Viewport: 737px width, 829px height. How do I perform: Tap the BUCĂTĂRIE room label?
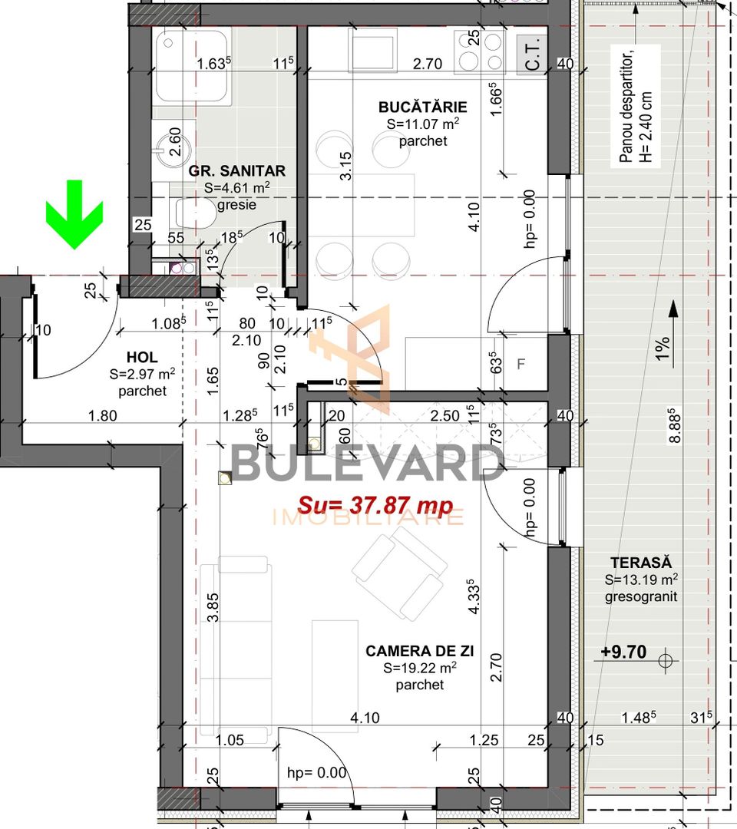422,107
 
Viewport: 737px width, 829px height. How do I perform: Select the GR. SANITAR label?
237,171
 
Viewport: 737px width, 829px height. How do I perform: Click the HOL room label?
142,358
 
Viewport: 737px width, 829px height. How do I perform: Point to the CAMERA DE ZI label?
419,651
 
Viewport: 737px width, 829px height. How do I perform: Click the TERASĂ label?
641,562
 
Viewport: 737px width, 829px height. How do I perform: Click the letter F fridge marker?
521,364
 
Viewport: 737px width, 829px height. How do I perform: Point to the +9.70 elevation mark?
623,652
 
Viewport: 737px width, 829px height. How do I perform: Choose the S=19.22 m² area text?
420,668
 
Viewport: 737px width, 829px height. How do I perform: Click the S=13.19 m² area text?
641,580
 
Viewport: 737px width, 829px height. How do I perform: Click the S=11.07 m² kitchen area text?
422,124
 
